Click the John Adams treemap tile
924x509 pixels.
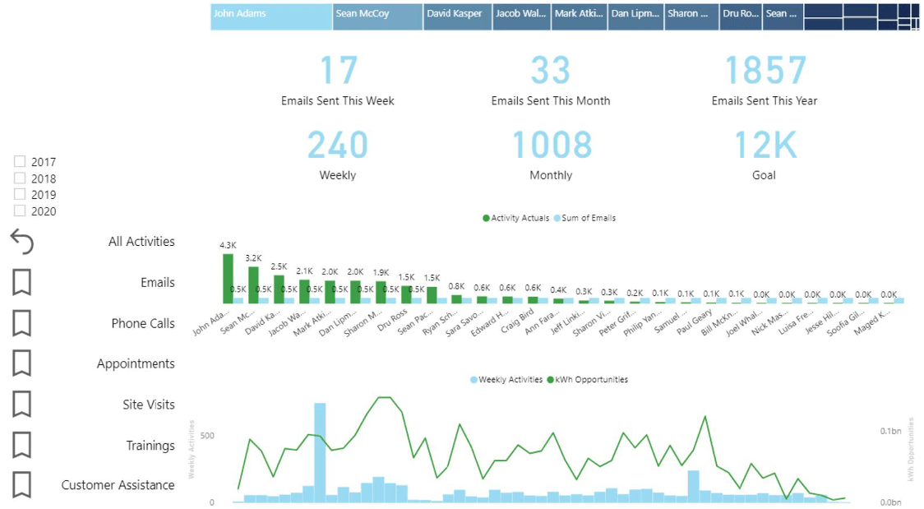271,16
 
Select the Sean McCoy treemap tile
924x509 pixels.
377,16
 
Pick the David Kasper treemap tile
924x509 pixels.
457,16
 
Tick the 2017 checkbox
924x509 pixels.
20,162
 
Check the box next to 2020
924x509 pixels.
20,211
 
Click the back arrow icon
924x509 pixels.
22,242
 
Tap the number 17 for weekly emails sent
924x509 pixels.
337,71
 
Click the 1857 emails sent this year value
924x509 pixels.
764,71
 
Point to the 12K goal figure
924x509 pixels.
764,145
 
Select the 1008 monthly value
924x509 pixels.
551,145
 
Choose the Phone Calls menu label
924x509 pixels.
143,323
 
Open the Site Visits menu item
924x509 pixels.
149,405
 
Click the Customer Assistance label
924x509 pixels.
118,485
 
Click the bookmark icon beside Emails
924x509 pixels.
22,283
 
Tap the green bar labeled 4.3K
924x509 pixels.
228,278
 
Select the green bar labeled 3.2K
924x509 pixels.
253,284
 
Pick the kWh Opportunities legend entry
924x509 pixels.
589,380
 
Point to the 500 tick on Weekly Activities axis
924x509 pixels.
207,436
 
